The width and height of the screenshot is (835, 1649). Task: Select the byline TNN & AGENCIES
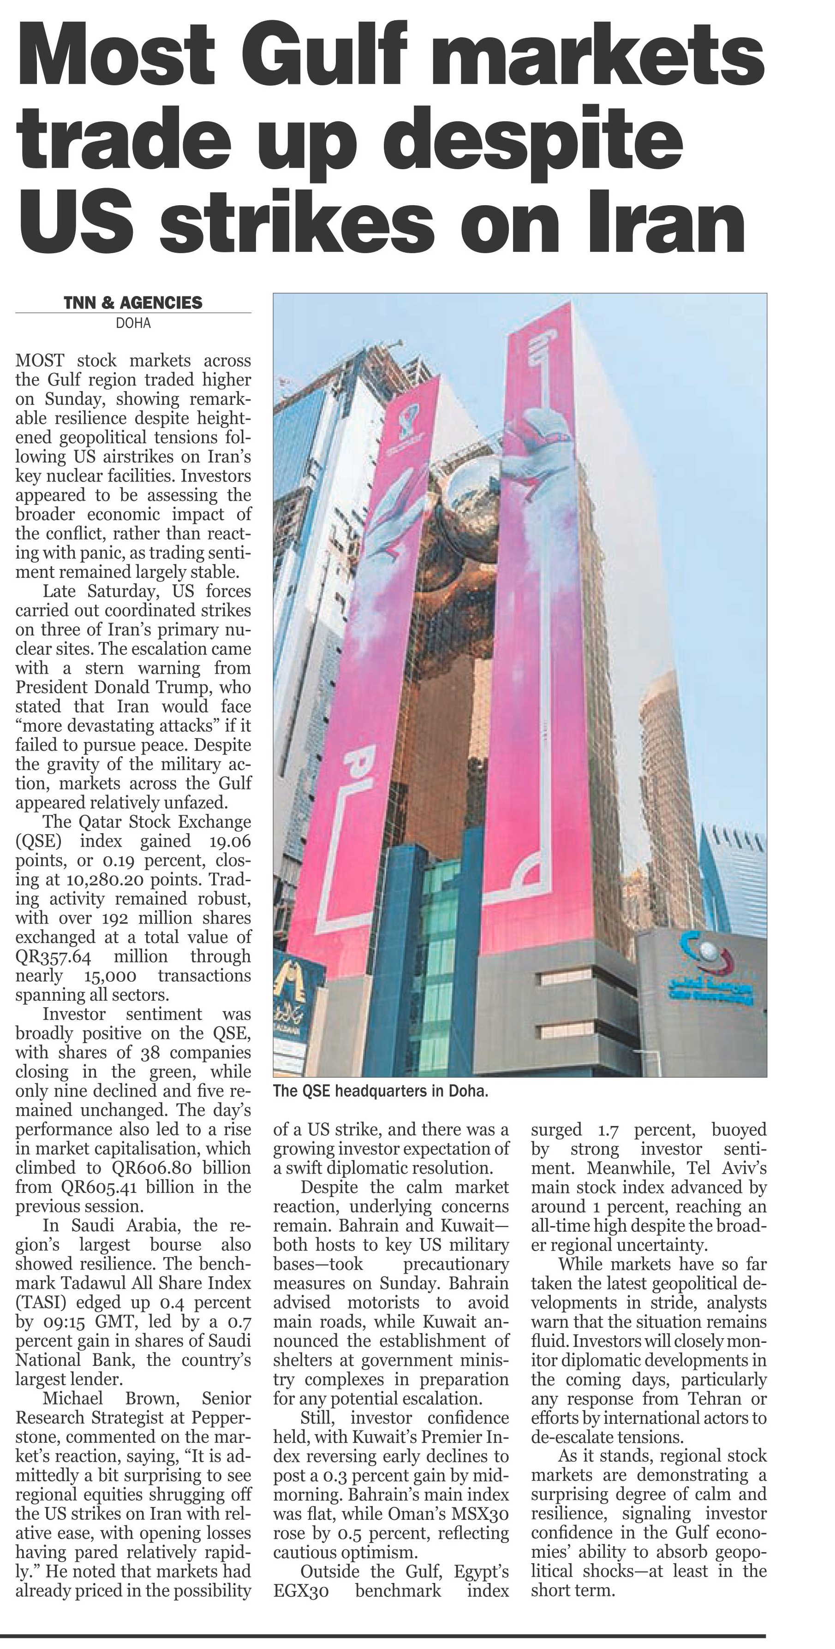coord(133,303)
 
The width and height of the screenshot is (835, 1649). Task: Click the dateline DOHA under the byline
coord(133,323)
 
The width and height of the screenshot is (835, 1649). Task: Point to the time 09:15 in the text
coord(63,1322)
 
